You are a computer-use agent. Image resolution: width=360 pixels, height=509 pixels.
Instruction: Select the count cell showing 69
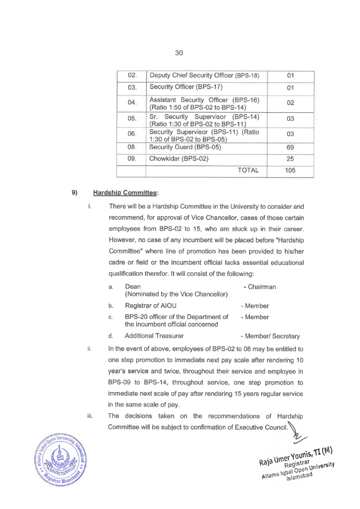tap(291, 147)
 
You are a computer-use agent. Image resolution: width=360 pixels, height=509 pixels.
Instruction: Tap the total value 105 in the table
tap(291, 170)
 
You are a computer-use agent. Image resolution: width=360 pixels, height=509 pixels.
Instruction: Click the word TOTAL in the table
tap(248, 170)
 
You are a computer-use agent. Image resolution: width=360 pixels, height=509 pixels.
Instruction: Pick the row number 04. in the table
tap(132, 104)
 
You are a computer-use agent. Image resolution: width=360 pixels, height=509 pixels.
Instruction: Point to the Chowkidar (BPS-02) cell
tap(179, 159)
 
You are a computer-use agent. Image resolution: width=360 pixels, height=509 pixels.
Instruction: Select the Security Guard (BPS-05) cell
tap(185, 147)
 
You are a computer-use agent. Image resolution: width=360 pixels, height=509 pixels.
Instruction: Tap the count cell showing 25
tap(291, 159)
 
